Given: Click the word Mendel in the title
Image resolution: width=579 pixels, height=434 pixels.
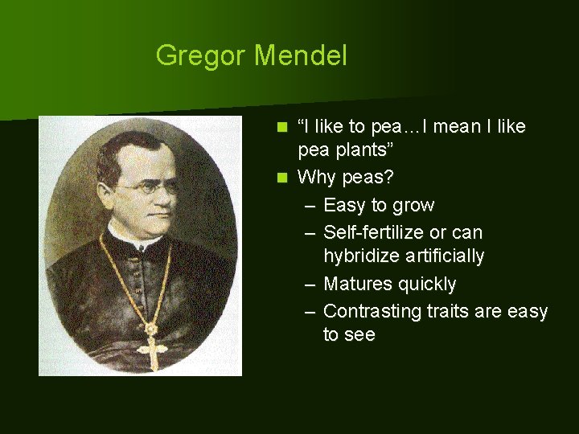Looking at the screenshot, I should tap(300, 56).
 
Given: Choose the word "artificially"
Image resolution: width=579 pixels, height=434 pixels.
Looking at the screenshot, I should tap(444, 257).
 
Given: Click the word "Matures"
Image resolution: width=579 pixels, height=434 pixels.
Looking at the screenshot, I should tap(355, 284).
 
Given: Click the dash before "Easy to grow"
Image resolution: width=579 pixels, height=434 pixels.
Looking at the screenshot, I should tap(310, 206).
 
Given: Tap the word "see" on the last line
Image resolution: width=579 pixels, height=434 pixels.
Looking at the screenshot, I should tap(361, 335).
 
